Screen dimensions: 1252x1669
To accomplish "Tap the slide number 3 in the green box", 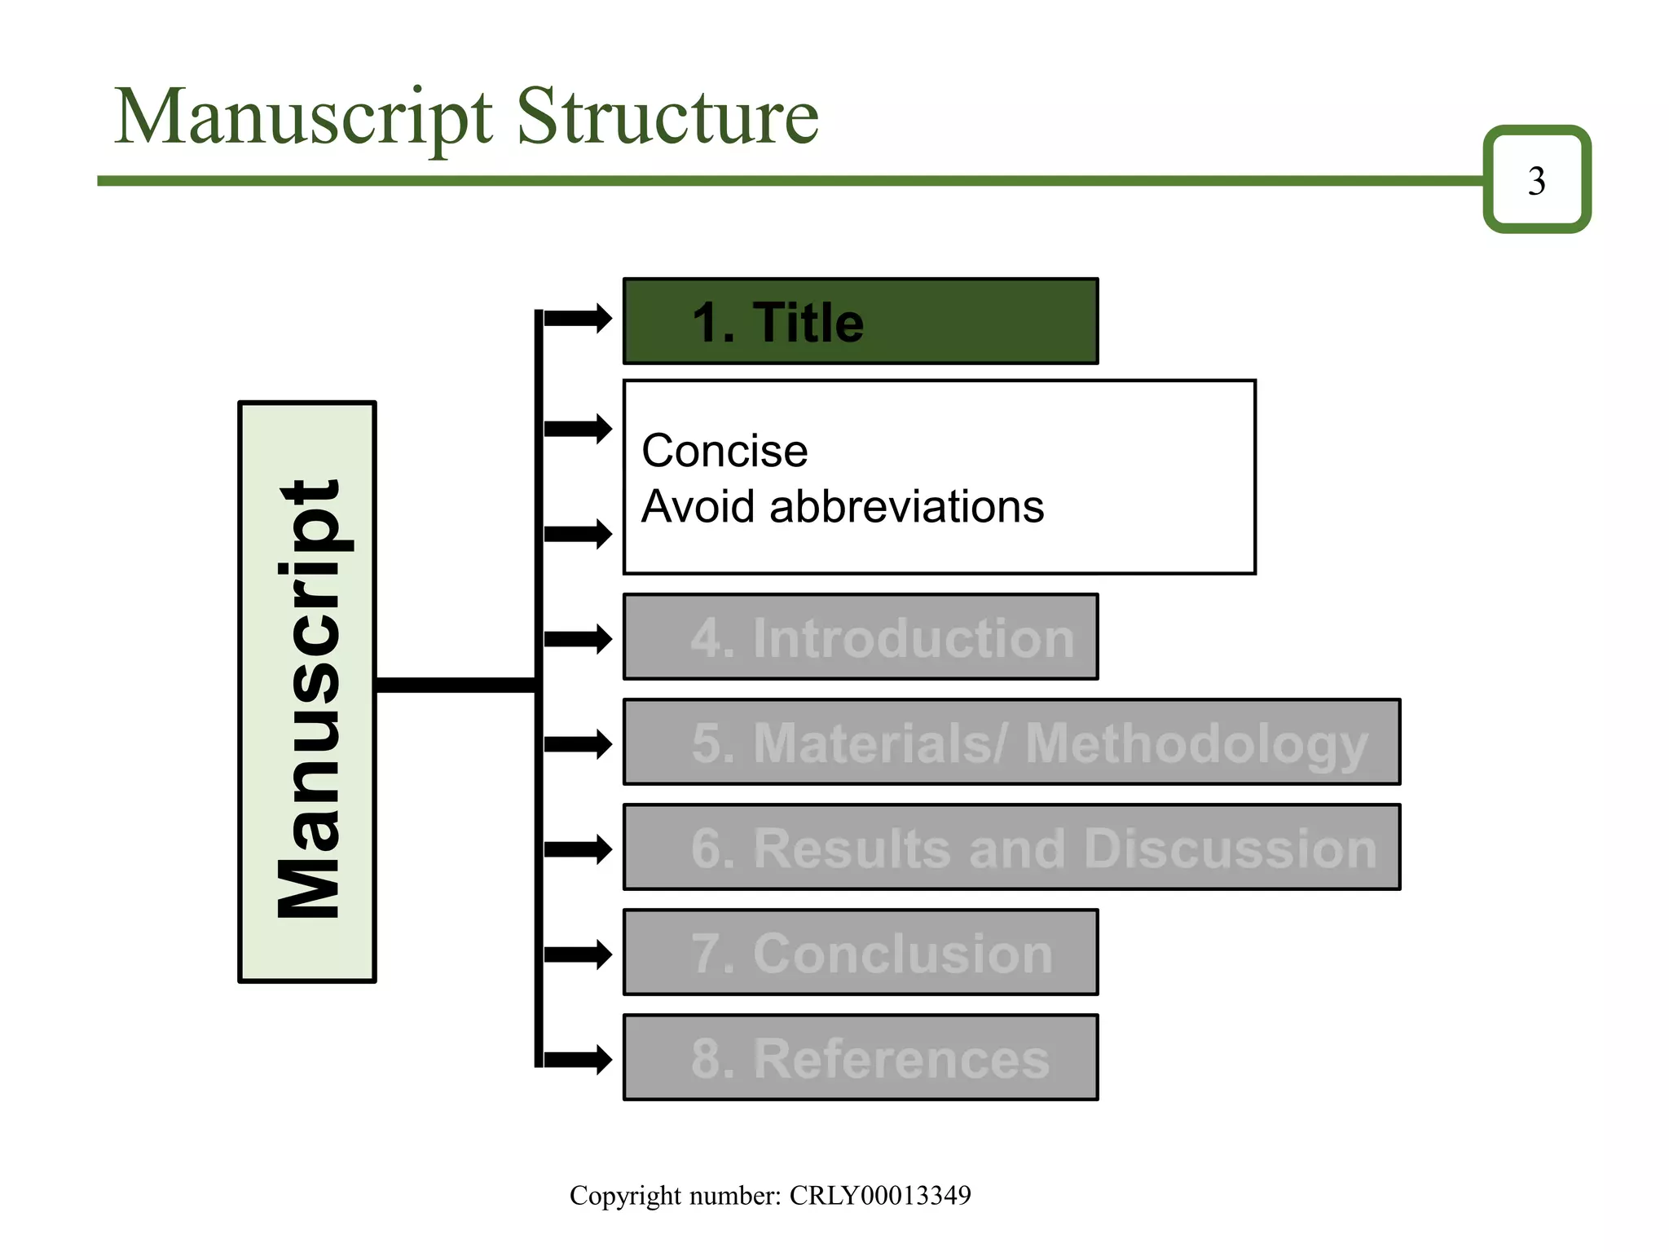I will (1536, 180).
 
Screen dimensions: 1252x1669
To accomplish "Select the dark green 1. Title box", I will (860, 321).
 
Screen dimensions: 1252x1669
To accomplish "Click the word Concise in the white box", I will (724, 451).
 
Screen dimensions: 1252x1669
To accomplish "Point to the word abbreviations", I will (906, 507).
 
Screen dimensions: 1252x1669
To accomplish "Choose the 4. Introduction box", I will (860, 637).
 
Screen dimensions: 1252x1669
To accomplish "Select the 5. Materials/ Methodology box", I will (1011, 742).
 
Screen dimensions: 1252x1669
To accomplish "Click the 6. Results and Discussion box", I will (1011, 847).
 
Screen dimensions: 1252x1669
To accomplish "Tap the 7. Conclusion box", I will (860, 952).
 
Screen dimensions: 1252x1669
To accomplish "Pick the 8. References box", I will (860, 1057).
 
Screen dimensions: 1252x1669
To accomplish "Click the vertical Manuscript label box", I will (307, 692).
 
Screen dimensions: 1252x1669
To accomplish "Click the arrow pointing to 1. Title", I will (578, 318).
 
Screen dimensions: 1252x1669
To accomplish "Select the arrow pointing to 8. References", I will (578, 1059).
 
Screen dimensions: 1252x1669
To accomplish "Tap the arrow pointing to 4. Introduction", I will (578, 638).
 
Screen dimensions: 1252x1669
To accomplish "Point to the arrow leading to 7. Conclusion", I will (578, 954).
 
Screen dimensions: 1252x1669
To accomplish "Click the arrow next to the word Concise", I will (578, 429).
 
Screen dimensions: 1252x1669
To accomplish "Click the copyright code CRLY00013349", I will (880, 1195).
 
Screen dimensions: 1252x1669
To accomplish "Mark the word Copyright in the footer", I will (625, 1195).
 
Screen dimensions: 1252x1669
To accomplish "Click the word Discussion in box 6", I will (1230, 849).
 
